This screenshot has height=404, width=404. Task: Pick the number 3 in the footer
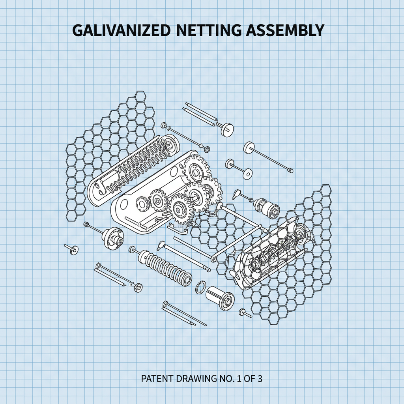pos(259,379)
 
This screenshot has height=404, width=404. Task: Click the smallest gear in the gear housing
pos(142,204)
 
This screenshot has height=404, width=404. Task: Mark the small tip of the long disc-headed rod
pos(290,170)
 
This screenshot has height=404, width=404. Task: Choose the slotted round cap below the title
pos(227,129)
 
